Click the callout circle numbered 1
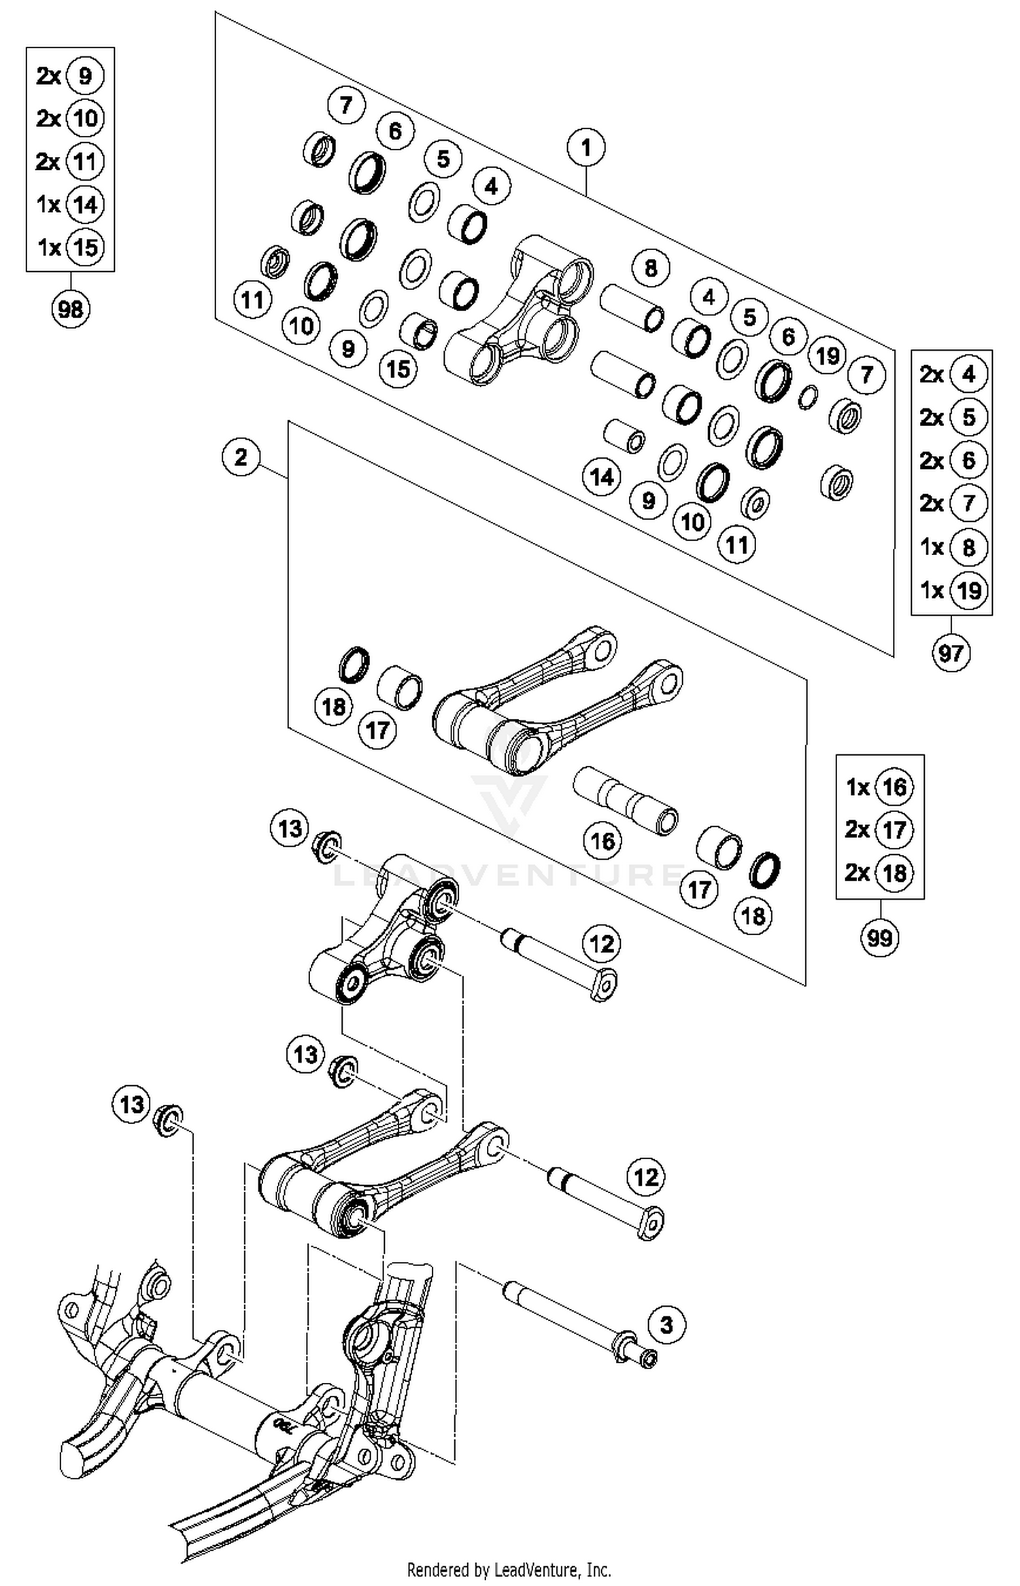pos(585,147)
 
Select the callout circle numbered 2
pos(241,457)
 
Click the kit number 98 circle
pos(70,309)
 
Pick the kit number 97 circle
pos(951,653)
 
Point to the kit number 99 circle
pos(879,938)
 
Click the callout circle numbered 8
pos(651,268)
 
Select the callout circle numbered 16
pos(602,841)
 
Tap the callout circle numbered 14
pos(602,477)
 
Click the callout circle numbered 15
pos(398,368)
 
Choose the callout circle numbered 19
pos(827,355)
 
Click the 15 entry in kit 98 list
pos(85,247)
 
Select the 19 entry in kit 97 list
pos(968,590)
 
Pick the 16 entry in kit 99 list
pos(894,787)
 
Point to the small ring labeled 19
pos(808,397)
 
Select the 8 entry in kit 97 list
pos(968,547)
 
